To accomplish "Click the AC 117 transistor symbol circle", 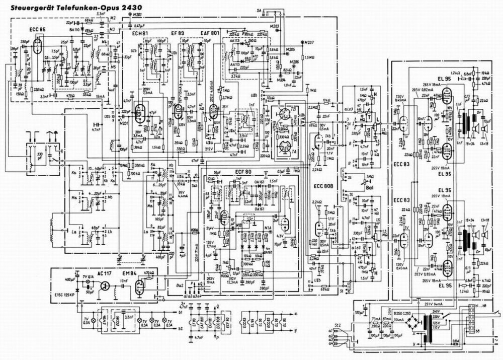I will [x=105, y=285].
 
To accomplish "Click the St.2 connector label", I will [x=329, y=320].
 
